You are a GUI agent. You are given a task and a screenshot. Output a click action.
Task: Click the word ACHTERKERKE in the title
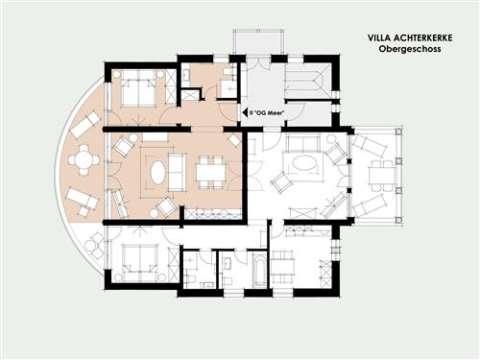click(422, 38)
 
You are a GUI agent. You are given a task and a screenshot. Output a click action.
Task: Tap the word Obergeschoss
click(410, 49)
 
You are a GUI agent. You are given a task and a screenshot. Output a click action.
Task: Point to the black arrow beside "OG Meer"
click(246, 112)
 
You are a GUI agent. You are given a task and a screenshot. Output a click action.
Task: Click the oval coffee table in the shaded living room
click(157, 172)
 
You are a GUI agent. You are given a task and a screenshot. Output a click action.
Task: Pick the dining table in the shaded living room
click(210, 173)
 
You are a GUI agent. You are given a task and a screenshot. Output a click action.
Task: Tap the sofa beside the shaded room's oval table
click(177, 173)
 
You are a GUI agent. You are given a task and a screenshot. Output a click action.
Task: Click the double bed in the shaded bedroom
click(138, 89)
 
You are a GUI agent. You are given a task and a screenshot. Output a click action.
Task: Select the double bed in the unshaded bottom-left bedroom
click(139, 259)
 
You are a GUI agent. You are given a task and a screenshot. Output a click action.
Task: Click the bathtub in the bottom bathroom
click(258, 270)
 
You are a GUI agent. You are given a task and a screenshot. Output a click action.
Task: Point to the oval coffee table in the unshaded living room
click(302, 163)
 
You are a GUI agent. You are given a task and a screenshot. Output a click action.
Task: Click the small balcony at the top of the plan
click(258, 42)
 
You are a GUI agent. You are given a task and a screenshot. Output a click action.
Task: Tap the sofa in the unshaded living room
click(303, 144)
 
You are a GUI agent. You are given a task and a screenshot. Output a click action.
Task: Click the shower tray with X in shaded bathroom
click(189, 95)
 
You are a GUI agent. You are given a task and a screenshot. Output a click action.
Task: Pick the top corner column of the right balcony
click(398, 132)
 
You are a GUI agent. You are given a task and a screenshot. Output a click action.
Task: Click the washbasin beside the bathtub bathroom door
click(228, 263)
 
